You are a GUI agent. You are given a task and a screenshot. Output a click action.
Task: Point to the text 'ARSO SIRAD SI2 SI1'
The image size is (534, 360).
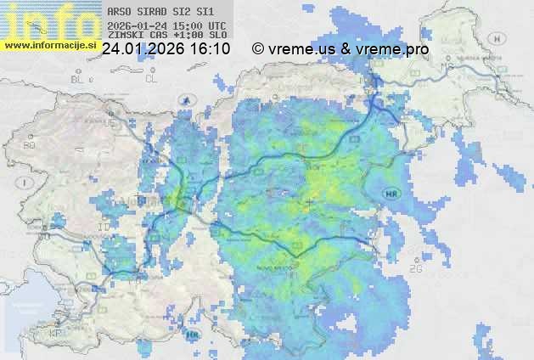point(155,13)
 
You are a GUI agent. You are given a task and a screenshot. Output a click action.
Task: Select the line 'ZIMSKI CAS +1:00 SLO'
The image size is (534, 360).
point(167,37)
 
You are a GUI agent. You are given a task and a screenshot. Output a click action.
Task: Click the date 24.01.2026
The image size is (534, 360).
point(142,49)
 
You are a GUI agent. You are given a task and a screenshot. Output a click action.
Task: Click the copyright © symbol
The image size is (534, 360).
point(258,49)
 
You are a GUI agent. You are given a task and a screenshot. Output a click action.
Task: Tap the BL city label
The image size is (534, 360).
point(79,79)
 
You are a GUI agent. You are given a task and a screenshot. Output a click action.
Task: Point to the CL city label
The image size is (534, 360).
point(152,79)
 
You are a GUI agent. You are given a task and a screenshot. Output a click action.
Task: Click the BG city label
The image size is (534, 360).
point(30,145)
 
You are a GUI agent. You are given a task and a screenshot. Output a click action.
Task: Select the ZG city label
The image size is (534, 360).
point(416,269)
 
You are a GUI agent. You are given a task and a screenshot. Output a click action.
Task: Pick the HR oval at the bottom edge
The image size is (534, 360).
point(194,335)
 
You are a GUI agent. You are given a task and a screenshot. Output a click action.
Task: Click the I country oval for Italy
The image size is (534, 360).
point(26,182)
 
